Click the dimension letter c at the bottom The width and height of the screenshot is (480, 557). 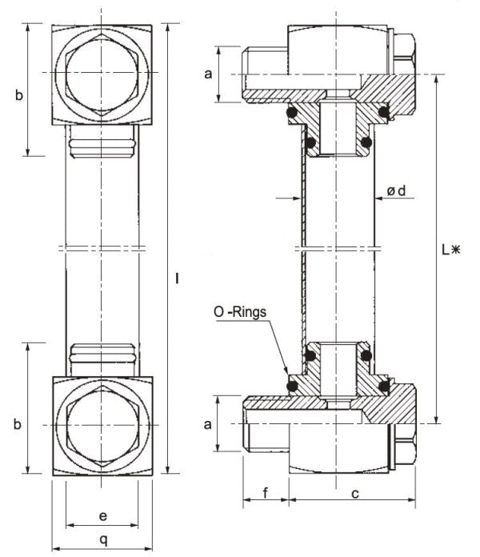353,494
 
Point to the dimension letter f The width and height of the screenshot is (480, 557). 265,493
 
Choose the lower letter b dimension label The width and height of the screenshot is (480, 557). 18,424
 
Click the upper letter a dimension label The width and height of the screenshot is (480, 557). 208,74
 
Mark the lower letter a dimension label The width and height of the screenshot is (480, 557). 208,424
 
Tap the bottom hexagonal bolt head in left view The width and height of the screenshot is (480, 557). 102,425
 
